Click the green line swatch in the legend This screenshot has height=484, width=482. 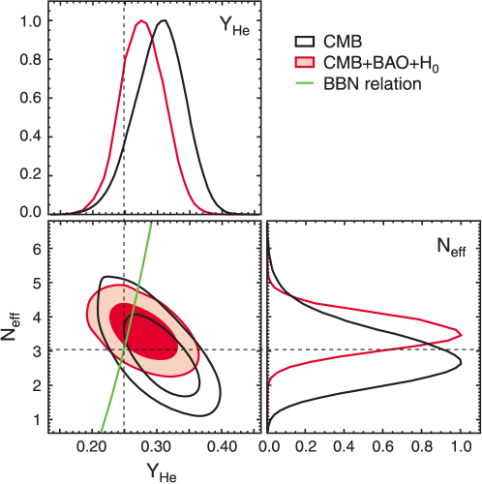305,84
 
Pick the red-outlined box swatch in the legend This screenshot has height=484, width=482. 305,63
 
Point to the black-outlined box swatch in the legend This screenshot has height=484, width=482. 305,43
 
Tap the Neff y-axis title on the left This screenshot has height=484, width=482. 16,325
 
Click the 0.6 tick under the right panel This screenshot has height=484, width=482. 382,448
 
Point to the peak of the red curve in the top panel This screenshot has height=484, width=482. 141,21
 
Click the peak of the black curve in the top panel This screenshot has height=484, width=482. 164,21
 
